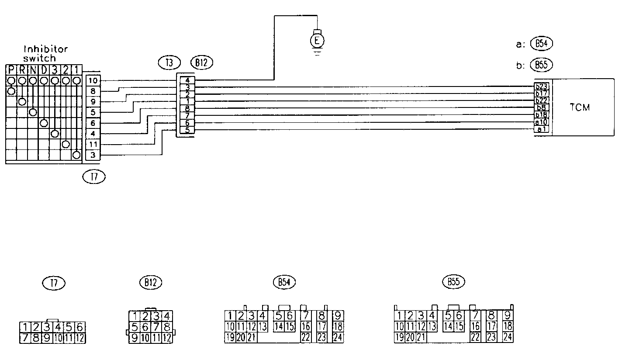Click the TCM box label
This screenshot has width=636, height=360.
pyautogui.click(x=580, y=107)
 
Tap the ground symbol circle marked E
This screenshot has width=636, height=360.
pyautogui.click(x=318, y=41)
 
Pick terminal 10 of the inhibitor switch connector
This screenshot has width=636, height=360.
pyautogui.click(x=93, y=81)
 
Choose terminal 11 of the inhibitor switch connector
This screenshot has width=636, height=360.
pyautogui.click(x=93, y=144)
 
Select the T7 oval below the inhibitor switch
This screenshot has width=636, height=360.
pyautogui.click(x=94, y=177)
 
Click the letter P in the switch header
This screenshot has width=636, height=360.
pyautogui.click(x=11, y=70)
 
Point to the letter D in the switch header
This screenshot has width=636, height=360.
pyautogui.click(x=44, y=70)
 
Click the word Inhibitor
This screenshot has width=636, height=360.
pyautogui.click(x=45, y=49)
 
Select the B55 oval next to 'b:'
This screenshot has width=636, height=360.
pyautogui.click(x=541, y=65)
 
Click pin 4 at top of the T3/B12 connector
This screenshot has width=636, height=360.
pyautogui.click(x=187, y=80)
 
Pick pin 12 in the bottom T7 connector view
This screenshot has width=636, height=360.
pyautogui.click(x=80, y=337)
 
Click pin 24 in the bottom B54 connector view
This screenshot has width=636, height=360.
pyautogui.click(x=337, y=337)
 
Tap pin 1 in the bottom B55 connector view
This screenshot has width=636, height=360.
pyautogui.click(x=399, y=315)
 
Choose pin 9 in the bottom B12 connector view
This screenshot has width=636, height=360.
pyautogui.click(x=135, y=337)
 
